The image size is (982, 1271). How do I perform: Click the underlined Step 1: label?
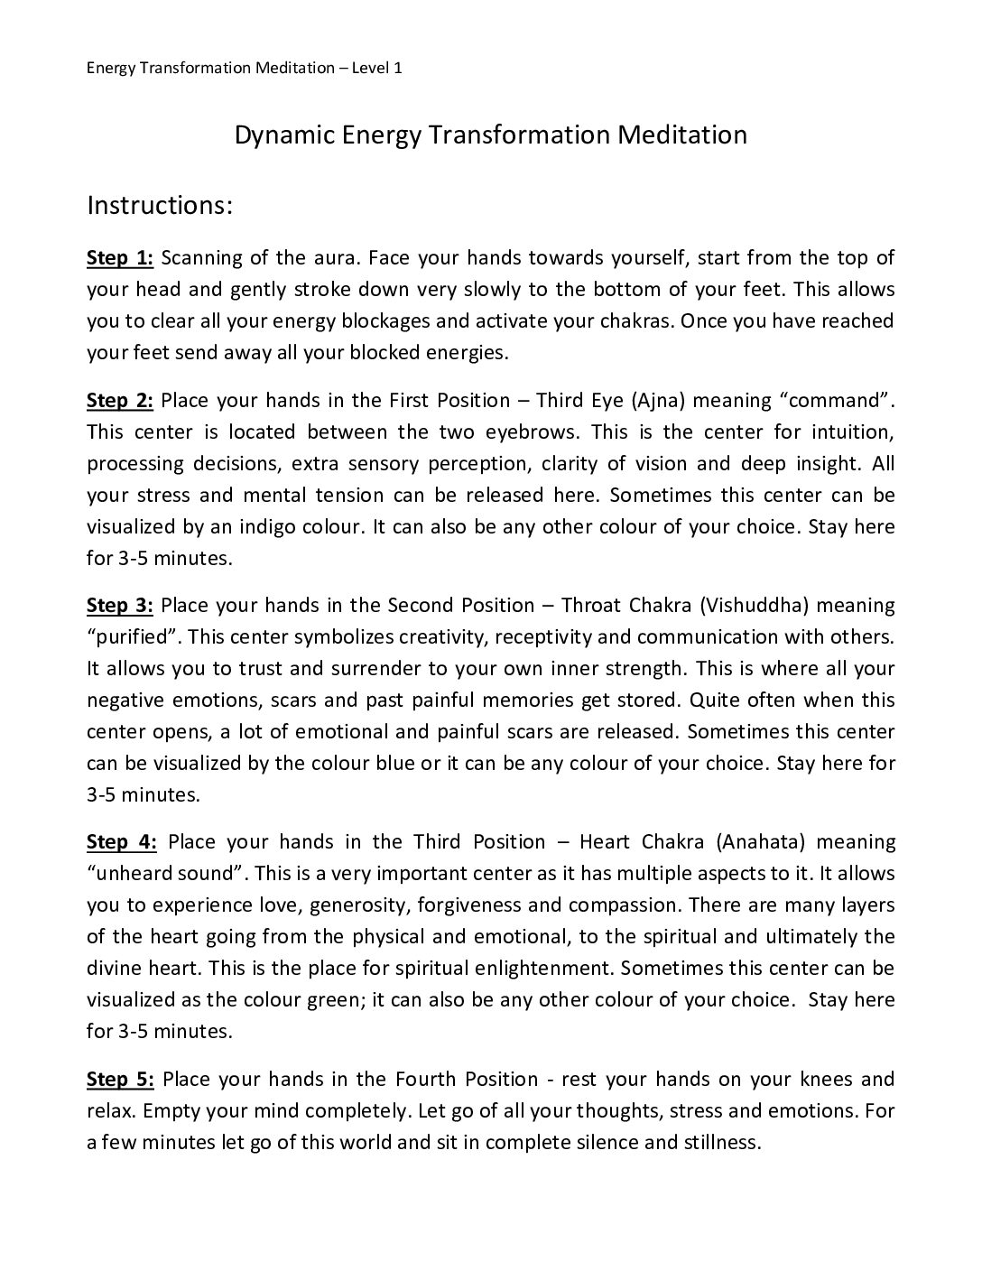(120, 258)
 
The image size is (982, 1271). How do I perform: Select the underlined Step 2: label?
(120, 400)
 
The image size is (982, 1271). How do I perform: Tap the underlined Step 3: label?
(120, 605)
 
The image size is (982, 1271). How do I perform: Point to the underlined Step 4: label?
(122, 842)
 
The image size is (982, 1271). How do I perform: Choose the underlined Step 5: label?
(120, 1079)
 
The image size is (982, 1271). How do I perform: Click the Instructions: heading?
(160, 206)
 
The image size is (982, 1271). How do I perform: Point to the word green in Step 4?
(340, 999)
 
